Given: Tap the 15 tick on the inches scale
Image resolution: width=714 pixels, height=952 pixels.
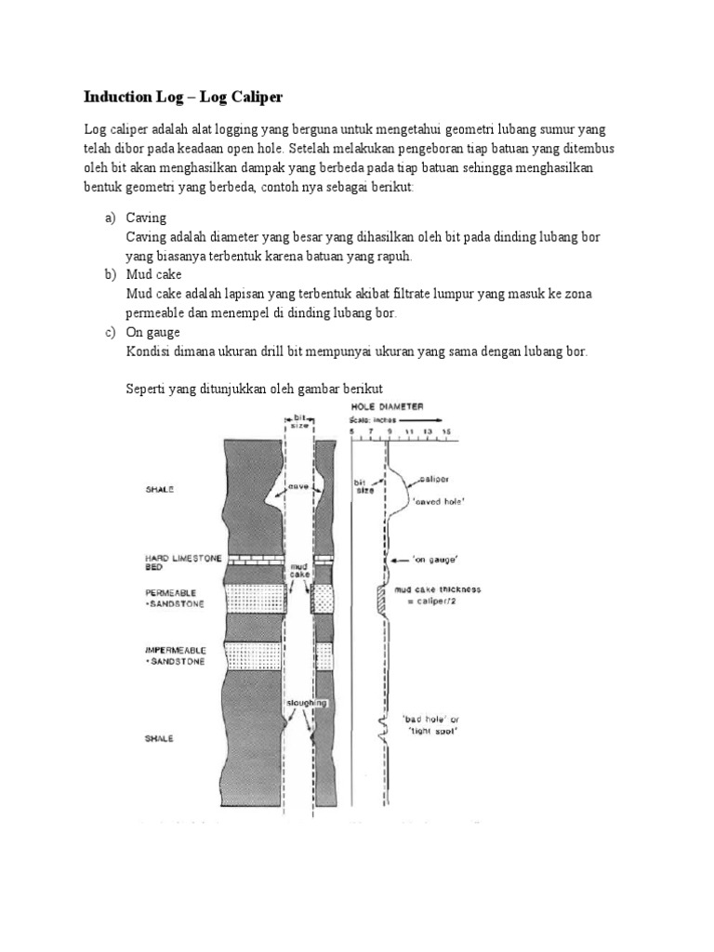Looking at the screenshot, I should pos(447,432).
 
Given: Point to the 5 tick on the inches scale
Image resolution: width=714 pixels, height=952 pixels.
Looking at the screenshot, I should pos(351,432).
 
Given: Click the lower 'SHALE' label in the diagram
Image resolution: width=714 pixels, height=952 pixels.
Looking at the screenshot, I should pos(160,739).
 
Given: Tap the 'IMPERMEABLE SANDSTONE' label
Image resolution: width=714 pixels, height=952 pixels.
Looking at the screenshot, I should pos(177,654).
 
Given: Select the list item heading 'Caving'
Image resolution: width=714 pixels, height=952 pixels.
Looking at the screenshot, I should pos(146,218).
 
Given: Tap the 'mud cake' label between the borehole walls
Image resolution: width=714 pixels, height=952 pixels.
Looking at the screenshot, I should pos(300,570).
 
